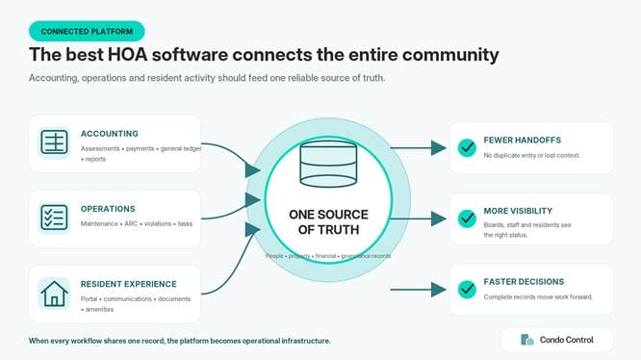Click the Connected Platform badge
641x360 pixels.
(87, 32)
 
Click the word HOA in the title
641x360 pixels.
(127, 55)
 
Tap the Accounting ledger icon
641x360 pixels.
(54, 142)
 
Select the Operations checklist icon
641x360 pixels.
(54, 218)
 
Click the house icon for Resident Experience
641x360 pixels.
(54, 294)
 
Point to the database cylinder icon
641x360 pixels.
(328, 164)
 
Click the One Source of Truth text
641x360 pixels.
(328, 222)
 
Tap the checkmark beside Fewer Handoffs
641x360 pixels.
(467, 147)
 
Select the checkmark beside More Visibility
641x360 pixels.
(467, 219)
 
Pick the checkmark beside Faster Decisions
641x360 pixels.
(467, 290)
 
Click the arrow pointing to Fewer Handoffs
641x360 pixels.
(418, 147)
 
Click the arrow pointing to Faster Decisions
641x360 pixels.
(418, 290)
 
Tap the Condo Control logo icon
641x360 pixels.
(526, 340)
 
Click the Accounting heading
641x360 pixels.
(110, 134)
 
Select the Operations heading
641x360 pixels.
(108, 209)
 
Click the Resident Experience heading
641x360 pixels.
(129, 284)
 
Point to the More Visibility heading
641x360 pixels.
(518, 211)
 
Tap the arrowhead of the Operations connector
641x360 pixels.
(253, 200)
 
